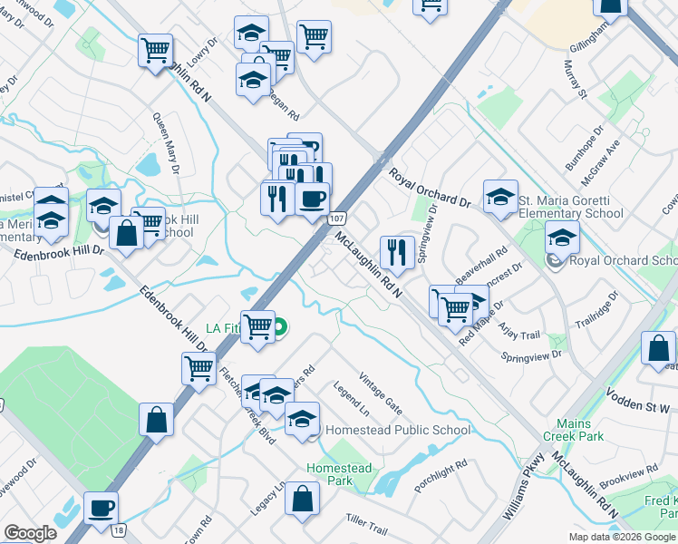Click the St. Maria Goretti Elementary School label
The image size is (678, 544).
pos(571,206)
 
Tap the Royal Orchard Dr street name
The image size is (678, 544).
pos(431,189)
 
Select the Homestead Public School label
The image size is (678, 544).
pos(397,430)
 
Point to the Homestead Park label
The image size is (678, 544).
pos(339,474)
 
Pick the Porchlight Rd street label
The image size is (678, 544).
pos(441,477)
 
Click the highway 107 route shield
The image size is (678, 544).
pos(335,219)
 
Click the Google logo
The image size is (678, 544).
pos(30,532)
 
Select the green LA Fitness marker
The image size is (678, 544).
pos(280,326)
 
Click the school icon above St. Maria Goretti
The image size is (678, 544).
pos(500,196)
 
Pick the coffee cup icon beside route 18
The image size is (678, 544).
pos(101,508)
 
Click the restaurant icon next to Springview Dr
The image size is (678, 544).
pos(397,253)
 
